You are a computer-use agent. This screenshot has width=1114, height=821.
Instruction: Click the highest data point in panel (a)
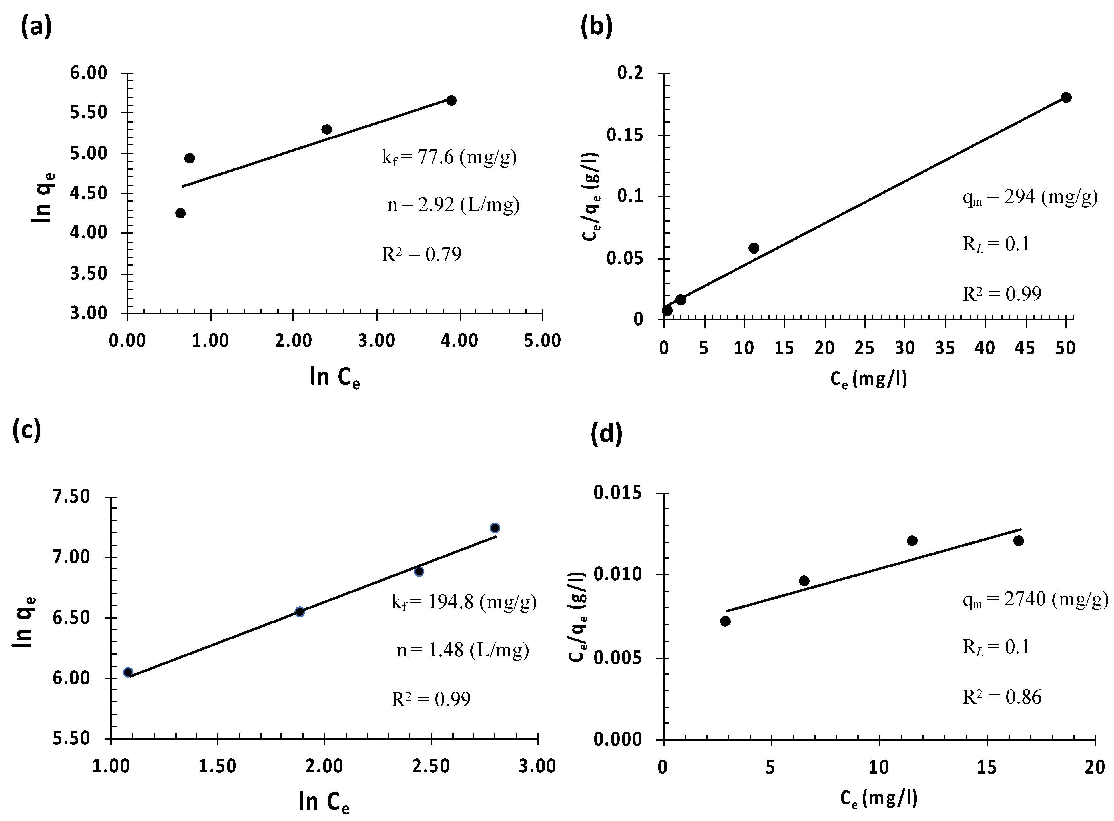point(451,101)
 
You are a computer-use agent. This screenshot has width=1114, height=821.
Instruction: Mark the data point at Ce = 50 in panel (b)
point(1066,97)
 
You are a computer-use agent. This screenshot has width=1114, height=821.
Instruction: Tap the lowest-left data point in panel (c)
point(128,673)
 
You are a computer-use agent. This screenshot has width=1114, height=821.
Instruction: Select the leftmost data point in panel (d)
point(725,621)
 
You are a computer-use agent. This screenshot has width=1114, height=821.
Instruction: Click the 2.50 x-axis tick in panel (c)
point(431,766)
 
